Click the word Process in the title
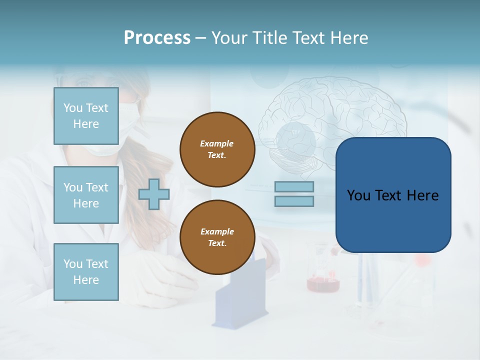pos(157,38)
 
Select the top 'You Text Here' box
pos(86,116)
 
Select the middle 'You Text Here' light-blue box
pos(86,195)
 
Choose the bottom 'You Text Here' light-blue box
pos(86,272)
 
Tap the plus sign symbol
pos(154,194)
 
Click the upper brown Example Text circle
pos(217,149)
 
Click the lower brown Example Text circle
pos(217,237)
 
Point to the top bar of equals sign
pos(294,186)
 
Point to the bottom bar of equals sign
pos(294,201)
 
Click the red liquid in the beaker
pos(323,284)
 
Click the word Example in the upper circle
pos(217,143)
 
